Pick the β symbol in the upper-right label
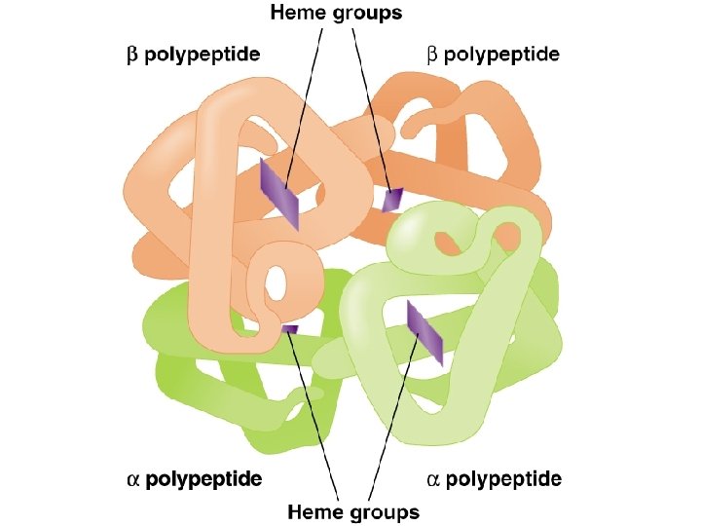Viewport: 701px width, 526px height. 433,56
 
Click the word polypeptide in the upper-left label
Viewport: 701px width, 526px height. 203,56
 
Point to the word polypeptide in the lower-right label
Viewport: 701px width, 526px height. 505,479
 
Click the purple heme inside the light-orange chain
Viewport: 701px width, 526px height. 278,195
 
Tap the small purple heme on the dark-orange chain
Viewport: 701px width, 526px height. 391,200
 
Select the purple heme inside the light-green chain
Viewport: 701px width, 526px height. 424,333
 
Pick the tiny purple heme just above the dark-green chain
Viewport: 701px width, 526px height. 289,329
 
